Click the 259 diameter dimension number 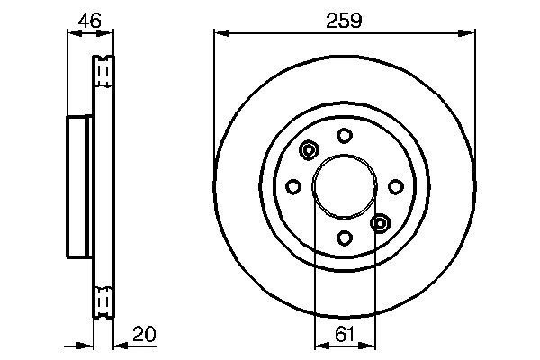click(344, 19)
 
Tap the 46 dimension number click(88, 18)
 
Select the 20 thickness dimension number click(143, 334)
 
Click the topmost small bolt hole click(345, 135)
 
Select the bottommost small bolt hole click(345, 238)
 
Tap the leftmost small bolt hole click(293, 186)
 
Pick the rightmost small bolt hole click(396, 186)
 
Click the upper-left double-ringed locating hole click(309, 150)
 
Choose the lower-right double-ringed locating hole click(380, 222)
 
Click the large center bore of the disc click(345, 186)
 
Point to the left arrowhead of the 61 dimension click(319, 346)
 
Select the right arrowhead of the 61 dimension click(371, 346)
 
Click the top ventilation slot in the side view click(103, 68)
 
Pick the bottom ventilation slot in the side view click(103, 297)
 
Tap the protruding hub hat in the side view click(79, 186)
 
